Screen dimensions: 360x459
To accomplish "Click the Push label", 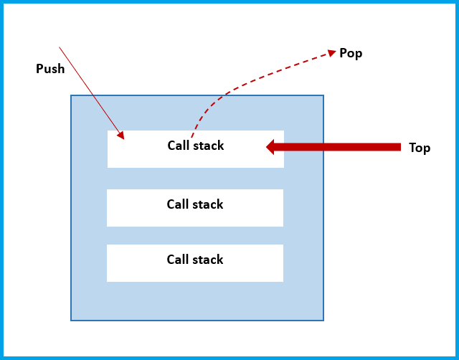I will [50, 69].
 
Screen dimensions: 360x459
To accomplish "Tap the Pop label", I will [351, 54].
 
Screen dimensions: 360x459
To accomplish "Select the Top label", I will [420, 148].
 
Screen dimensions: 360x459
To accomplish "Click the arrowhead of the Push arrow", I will [121, 136].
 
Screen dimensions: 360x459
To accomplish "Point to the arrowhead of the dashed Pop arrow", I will [332, 52].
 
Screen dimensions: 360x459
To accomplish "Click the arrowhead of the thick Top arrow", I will [271, 147].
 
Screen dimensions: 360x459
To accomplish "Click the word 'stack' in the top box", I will [208, 146].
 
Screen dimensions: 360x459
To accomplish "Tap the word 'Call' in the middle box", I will [177, 204].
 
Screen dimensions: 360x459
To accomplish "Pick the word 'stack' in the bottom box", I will [207, 260].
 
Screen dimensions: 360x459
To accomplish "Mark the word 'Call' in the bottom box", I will [177, 260].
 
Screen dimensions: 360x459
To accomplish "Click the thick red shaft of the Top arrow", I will [337, 147].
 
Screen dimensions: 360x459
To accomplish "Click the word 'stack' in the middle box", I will [207, 204].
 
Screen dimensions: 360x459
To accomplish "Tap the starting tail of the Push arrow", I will [60, 48].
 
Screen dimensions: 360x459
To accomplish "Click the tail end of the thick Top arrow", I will [398, 147].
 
